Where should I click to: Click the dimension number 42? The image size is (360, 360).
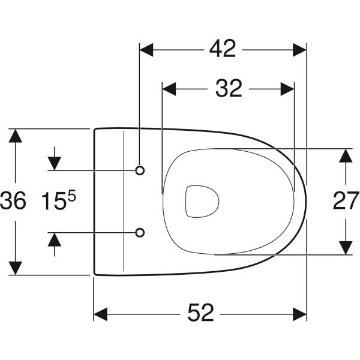(x=222, y=49)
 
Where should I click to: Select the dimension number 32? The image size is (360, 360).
(x=229, y=89)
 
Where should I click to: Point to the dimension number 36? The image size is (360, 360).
(x=13, y=202)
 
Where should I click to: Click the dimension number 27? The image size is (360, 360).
(x=346, y=202)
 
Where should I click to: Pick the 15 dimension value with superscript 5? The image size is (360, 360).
(x=58, y=202)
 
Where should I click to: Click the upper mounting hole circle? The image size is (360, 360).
(x=140, y=171)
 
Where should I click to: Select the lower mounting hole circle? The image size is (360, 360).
(x=140, y=232)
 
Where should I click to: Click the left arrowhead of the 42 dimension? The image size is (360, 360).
(x=146, y=49)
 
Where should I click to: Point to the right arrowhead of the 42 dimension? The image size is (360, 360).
(x=299, y=49)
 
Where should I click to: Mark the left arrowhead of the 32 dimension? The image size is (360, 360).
(x=170, y=89)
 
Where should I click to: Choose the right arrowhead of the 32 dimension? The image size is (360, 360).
(x=287, y=89)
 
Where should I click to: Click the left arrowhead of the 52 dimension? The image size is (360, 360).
(x=101, y=314)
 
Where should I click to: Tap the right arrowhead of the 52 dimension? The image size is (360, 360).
(x=299, y=314)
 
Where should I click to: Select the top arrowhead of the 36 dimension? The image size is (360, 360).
(x=16, y=136)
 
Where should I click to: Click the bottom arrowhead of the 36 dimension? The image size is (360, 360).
(x=16, y=268)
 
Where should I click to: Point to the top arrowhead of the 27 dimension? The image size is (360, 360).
(x=345, y=155)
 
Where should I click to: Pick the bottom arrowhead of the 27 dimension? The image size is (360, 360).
(x=345, y=247)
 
